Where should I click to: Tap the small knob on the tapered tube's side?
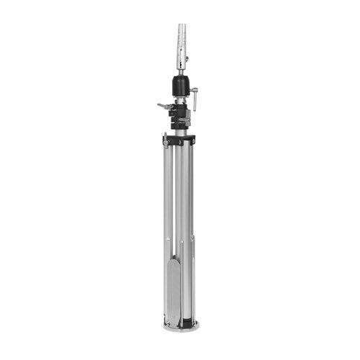(186, 58)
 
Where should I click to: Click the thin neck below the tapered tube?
(181, 72)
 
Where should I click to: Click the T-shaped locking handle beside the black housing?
(195, 99)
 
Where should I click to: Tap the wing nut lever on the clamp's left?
(163, 106)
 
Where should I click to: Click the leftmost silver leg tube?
(168, 194)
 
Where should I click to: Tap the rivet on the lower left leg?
(168, 240)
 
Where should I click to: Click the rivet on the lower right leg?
(192, 238)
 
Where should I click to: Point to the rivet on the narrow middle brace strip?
(181, 240)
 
